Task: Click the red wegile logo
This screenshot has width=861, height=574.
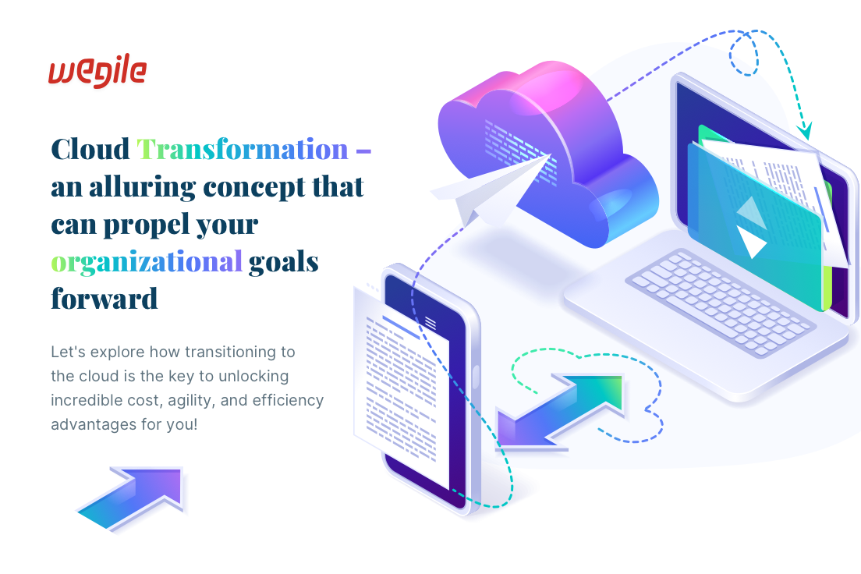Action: [x=97, y=71]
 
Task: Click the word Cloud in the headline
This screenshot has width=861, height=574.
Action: [x=90, y=150]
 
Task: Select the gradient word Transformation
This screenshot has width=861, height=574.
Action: [x=242, y=150]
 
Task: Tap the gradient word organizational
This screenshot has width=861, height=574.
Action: [x=146, y=262]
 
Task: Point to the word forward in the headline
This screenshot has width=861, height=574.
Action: [x=105, y=299]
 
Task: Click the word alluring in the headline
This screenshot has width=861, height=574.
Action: [x=142, y=187]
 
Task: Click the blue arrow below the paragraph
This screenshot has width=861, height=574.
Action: [x=131, y=498]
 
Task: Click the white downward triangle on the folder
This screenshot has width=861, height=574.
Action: [x=752, y=243]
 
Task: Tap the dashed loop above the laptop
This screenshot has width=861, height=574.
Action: [x=743, y=53]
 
